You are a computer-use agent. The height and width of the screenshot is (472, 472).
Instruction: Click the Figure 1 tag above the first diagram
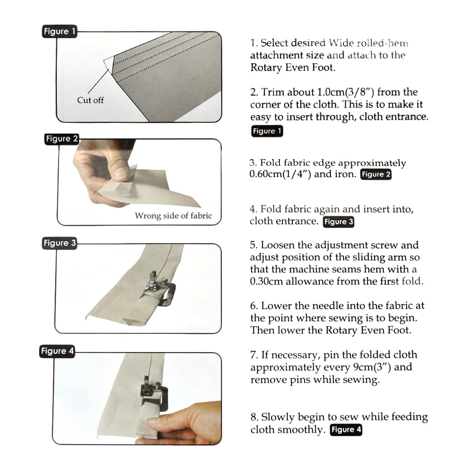[59, 31]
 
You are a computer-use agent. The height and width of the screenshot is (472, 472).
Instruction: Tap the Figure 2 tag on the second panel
[62, 139]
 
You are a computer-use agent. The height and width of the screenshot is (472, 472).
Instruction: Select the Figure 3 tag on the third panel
[59, 243]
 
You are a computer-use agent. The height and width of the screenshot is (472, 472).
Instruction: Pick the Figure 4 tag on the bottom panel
[57, 351]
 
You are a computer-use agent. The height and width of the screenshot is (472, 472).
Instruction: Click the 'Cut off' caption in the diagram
[90, 100]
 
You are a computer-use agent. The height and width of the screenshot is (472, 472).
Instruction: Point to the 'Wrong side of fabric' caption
[173, 216]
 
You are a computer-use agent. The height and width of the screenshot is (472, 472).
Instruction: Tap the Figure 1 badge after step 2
[267, 131]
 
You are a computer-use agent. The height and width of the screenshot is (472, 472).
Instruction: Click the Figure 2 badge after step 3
[376, 174]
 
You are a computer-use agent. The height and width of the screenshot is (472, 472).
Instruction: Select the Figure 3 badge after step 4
[338, 222]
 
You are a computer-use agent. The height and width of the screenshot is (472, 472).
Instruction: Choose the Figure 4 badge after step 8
[346, 430]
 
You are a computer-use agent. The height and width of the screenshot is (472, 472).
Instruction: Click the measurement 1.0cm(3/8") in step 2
[346, 92]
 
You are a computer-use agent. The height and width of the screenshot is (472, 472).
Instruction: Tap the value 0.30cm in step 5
[266, 281]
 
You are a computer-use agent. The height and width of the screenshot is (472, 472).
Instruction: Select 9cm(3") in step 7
[372, 367]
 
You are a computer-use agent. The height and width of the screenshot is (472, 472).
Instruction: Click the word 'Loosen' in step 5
[278, 245]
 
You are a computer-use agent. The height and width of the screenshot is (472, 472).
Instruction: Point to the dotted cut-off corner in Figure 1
[108, 64]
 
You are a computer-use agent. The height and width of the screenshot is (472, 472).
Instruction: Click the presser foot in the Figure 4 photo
[147, 390]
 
